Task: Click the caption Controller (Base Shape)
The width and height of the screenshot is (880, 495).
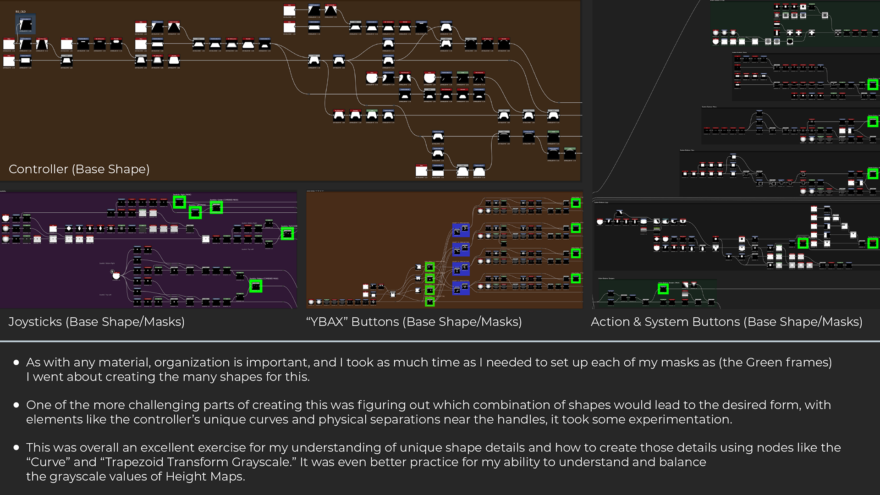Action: pos(79,169)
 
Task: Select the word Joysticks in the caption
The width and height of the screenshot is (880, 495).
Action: pos(35,322)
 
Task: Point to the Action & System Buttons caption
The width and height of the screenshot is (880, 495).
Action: pos(726,322)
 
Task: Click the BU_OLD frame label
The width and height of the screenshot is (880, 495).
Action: pos(21,11)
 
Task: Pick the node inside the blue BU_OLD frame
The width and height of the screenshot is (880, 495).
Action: pos(26,24)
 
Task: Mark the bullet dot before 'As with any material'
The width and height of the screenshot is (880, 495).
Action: pos(16,363)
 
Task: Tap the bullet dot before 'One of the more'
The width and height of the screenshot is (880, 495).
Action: pos(16,405)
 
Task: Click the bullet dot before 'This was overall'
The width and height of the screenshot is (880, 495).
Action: pos(16,447)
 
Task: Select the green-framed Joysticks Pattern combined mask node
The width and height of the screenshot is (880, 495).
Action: pos(256,286)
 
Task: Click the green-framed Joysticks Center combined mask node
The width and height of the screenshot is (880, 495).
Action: pos(216,208)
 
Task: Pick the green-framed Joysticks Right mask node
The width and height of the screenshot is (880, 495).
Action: pos(179,202)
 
